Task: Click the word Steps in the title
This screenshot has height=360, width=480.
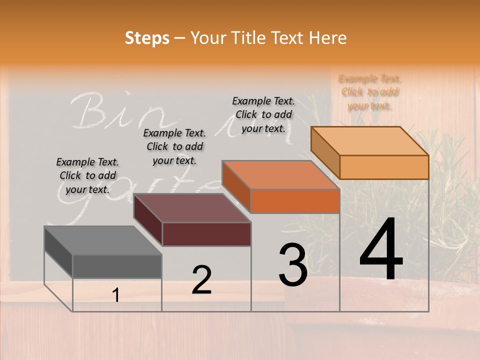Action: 147,38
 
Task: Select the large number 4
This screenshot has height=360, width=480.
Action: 381,249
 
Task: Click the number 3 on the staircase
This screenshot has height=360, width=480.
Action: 293,265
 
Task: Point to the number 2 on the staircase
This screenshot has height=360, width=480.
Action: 201,280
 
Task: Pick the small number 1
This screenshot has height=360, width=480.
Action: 116,295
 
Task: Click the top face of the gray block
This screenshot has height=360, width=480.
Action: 102,240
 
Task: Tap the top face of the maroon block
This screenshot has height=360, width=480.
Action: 192,208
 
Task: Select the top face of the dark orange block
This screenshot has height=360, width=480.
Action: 280,175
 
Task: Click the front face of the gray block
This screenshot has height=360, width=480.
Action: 117,266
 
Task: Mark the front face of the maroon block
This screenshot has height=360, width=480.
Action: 206,234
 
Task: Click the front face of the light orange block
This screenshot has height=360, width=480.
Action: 384,167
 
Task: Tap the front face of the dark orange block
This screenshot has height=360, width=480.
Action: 295,201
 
